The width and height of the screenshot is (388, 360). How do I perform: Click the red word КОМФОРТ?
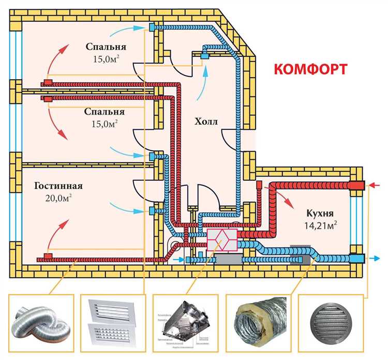[310, 70]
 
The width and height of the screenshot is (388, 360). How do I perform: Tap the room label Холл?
[206, 122]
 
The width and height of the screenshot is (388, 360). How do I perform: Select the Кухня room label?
[318, 213]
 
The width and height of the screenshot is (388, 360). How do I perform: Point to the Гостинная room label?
[59, 185]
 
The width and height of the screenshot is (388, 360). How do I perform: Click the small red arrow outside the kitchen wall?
[376, 184]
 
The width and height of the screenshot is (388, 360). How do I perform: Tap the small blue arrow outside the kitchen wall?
[376, 258]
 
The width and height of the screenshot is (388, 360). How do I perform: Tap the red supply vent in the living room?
[48, 257]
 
